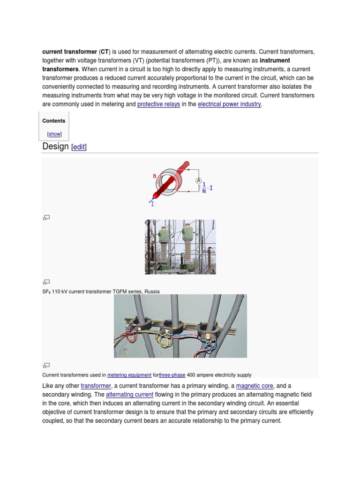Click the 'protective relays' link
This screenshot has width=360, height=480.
(158, 105)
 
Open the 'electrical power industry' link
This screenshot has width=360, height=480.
(229, 105)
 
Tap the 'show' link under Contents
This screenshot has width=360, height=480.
(54, 134)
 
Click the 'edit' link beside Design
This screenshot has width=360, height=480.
(79, 147)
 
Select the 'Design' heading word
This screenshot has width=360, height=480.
(55, 146)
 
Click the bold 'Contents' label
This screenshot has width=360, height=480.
(54, 121)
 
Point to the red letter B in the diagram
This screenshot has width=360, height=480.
(154, 176)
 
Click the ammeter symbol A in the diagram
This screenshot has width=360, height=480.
(198, 181)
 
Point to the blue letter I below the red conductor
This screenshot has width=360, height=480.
(152, 204)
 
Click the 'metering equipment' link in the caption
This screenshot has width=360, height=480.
(129, 375)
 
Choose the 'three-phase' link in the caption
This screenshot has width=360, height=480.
(172, 375)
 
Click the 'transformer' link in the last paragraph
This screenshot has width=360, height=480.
(96, 386)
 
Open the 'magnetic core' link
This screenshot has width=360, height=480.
(255, 386)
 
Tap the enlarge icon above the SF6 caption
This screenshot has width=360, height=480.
(46, 282)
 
